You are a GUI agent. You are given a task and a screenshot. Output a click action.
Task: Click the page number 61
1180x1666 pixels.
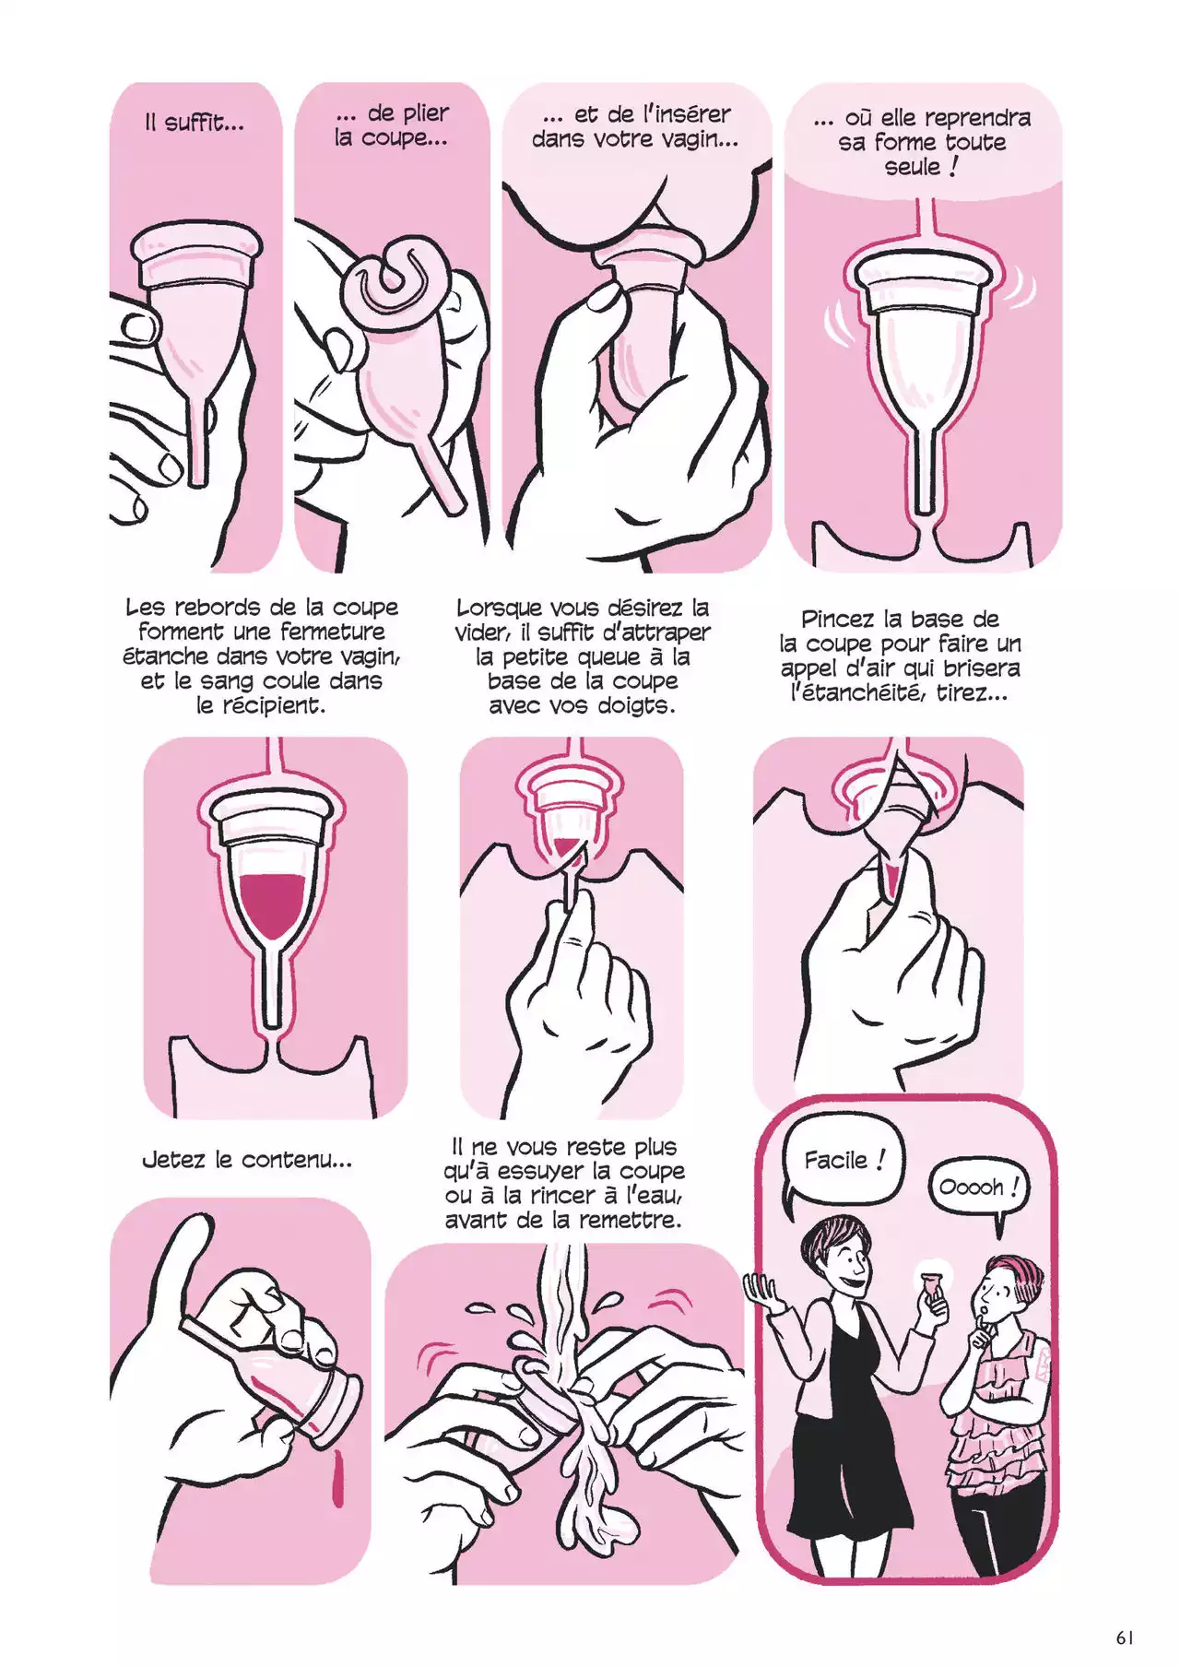tap(1124, 1638)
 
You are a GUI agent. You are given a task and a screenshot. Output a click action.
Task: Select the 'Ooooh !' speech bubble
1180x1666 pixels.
tap(978, 1188)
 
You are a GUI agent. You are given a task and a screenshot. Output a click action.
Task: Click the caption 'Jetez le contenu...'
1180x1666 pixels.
tap(247, 1160)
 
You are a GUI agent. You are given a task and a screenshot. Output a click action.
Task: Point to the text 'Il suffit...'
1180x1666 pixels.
tap(195, 123)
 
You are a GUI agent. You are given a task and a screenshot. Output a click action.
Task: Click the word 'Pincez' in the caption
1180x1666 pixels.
tap(839, 619)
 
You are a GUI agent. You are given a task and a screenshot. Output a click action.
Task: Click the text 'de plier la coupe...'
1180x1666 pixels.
tap(392, 125)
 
